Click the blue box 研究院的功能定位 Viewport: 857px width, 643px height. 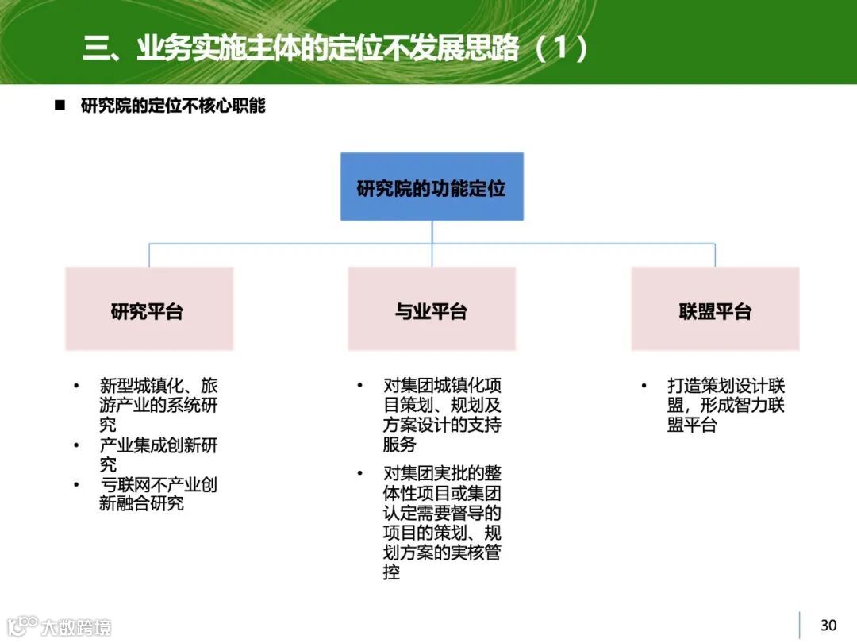(x=432, y=187)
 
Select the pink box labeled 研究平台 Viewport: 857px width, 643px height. (x=148, y=309)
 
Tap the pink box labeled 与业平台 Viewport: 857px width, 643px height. (x=432, y=309)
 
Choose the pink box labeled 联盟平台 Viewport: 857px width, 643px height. (x=715, y=309)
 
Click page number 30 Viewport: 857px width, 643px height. (x=828, y=626)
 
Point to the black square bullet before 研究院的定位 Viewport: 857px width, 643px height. (x=59, y=106)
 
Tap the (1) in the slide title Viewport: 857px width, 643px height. (x=562, y=49)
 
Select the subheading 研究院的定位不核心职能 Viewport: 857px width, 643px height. (x=173, y=106)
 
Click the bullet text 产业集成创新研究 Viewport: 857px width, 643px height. (x=158, y=454)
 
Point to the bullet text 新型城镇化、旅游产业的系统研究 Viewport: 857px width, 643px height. (x=158, y=405)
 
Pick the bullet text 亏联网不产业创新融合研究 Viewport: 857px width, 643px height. (x=158, y=494)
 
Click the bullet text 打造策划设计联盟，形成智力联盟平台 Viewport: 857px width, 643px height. (x=725, y=405)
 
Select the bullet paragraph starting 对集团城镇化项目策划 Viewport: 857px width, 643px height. (x=442, y=414)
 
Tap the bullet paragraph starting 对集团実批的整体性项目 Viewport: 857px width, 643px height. (x=442, y=522)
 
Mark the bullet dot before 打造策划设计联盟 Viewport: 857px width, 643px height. (x=644, y=387)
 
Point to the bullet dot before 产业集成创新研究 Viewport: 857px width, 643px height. (x=76, y=445)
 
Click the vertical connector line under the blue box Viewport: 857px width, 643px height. (x=432, y=232)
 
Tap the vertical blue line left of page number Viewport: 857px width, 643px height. (x=799, y=626)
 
